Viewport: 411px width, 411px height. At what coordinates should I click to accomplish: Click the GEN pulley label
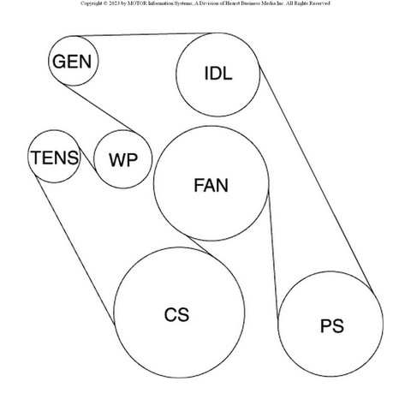point(72,62)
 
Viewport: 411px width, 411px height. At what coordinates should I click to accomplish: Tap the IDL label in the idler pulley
point(218,74)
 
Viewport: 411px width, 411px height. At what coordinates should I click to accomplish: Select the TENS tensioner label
point(55,158)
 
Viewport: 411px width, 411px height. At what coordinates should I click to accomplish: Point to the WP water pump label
point(123,160)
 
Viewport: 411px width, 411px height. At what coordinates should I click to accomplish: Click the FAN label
point(211,185)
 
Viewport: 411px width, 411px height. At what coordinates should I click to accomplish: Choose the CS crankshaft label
point(176,314)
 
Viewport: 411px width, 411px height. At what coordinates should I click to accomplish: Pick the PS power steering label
point(331,326)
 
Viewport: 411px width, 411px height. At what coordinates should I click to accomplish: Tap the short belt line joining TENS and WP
point(87,158)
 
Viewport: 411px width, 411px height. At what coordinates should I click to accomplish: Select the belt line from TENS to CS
point(74,250)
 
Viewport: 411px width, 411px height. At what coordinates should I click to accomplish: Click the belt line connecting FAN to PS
point(273,254)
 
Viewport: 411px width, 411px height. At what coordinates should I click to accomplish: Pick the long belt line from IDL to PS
point(315,177)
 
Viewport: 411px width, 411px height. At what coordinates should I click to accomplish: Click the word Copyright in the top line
point(91,3)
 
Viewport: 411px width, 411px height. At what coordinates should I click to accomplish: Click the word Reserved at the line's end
point(319,3)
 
